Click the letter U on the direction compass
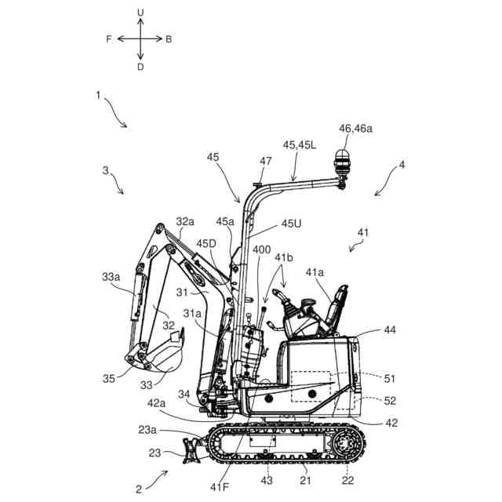pos(140,13)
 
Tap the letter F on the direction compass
pos(109,38)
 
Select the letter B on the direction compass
pos(169,38)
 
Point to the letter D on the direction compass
pos(140,67)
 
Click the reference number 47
pos(266,161)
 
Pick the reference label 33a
pos(111,277)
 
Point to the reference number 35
pos(109,379)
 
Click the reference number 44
pos(390,330)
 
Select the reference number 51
pos(390,379)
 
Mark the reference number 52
pos(390,400)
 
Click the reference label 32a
pos(184,222)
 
